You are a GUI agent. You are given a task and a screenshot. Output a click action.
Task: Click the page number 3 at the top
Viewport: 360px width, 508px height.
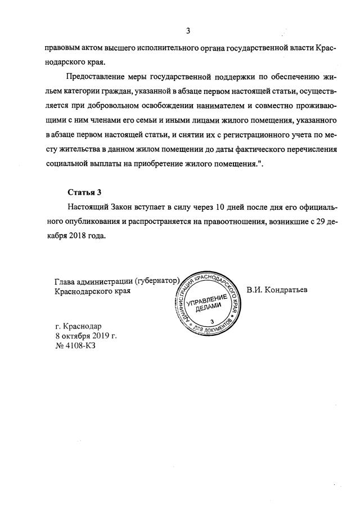tap(188, 30)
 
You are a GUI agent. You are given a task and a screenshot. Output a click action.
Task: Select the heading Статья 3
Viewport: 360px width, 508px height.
tap(84, 192)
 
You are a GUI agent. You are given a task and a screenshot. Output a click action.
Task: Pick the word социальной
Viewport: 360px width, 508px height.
tap(68, 165)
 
